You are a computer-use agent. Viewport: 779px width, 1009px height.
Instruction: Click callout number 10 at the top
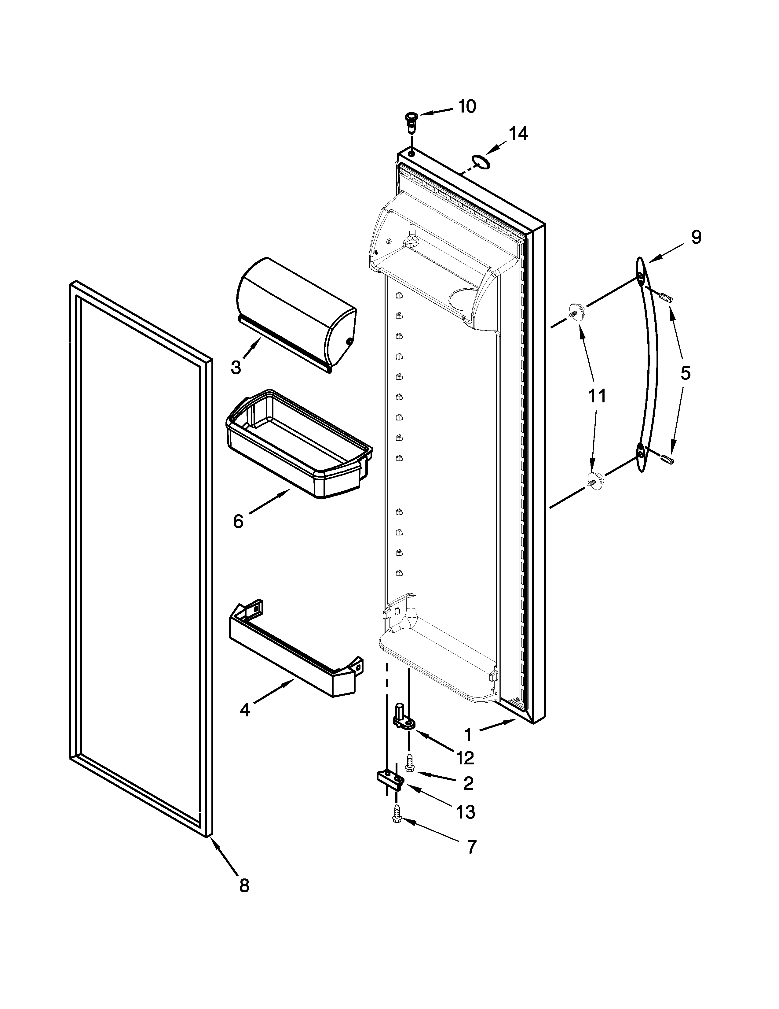coord(467,107)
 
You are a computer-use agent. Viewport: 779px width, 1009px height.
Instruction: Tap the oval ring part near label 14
coord(480,162)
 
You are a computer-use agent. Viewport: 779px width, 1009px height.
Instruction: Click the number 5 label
coord(685,373)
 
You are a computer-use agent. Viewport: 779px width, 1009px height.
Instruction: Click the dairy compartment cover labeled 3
coord(295,314)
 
